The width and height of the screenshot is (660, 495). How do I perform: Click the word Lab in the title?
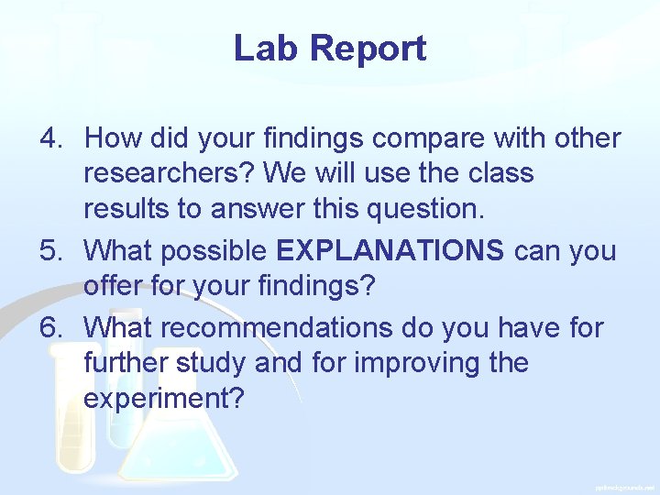coord(262,49)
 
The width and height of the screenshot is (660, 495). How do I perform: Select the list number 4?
coord(49,139)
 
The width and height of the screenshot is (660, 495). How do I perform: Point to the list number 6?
coord(49,327)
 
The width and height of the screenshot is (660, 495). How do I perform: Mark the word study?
coord(213,363)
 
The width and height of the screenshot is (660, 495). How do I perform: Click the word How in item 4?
coord(111,139)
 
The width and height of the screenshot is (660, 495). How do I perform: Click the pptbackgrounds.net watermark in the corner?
coord(624,488)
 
